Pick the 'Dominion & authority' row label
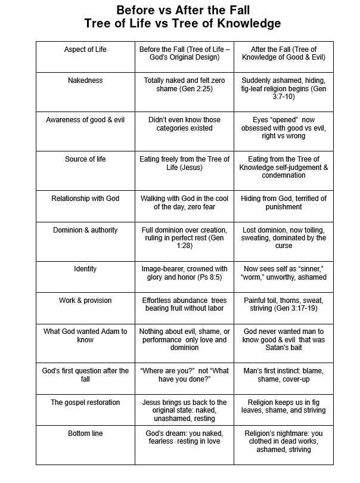pyautogui.click(x=85, y=230)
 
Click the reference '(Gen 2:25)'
pyautogui.click(x=195, y=88)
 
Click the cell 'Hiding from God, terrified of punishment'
pyautogui.click(x=283, y=202)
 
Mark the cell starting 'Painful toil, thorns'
pyautogui.click(x=283, y=305)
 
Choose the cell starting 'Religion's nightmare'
pyautogui.click(x=283, y=441)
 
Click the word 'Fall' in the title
pyautogui.click(x=229, y=10)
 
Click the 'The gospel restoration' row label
pyautogui.click(x=85, y=402)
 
